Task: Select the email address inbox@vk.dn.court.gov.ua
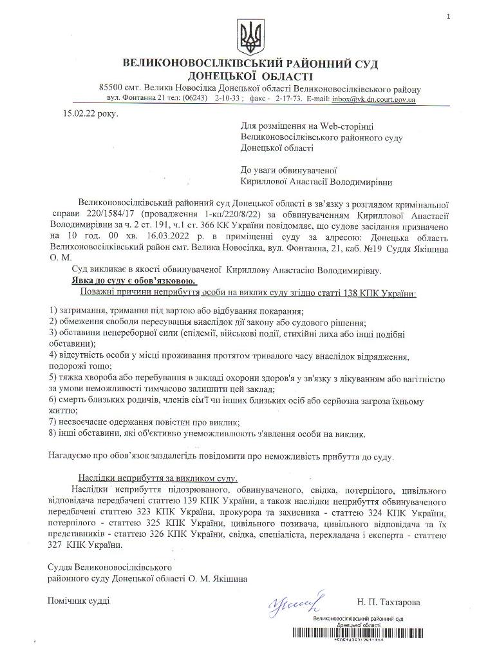[374, 100]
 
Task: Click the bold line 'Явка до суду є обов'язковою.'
[135, 282]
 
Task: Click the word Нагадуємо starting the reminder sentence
[71, 456]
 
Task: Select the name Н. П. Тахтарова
[388, 602]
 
